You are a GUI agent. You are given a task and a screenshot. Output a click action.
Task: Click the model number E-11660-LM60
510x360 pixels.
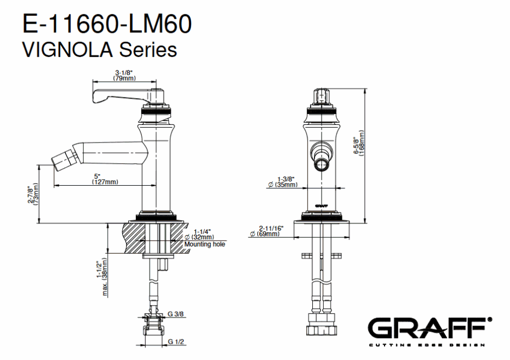tap(107, 24)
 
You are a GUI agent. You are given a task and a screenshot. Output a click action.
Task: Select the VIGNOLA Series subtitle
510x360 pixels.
tap(100, 50)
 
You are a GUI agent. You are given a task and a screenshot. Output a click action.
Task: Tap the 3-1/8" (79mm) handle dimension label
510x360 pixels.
tap(124, 76)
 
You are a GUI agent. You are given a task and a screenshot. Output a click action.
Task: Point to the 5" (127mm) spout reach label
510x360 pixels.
tap(105, 179)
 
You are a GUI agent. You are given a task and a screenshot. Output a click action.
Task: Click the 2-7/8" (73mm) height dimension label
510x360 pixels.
tap(33, 194)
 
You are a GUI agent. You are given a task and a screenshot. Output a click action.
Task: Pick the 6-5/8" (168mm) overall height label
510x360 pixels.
tap(359, 143)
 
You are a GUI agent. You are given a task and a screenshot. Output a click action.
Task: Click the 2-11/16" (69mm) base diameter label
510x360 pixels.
tap(267, 231)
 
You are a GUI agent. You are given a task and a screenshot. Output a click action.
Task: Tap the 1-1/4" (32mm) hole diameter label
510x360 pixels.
tap(199, 234)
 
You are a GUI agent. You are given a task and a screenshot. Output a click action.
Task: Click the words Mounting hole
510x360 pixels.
tap(204, 244)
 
